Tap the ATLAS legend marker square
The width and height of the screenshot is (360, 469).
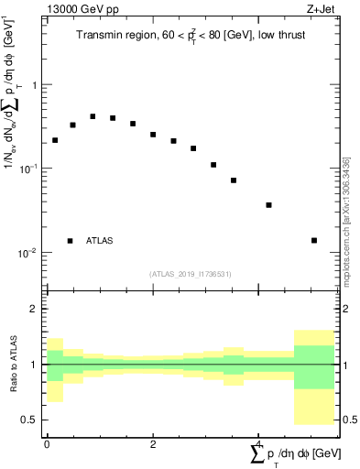pyautogui.click(x=70, y=241)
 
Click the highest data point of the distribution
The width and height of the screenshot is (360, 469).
pyautogui.click(x=93, y=116)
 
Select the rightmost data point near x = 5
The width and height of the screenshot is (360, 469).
pyautogui.click(x=314, y=240)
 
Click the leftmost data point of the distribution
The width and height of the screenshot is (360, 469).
pyautogui.click(x=55, y=140)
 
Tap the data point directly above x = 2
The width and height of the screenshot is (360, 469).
pyautogui.click(x=153, y=135)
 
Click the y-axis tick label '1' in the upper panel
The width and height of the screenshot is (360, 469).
pyautogui.click(x=35, y=85)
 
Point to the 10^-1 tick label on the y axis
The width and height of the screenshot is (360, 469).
pyautogui.click(x=29, y=169)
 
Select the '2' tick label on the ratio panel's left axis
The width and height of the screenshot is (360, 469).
pyautogui.click(x=35, y=310)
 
